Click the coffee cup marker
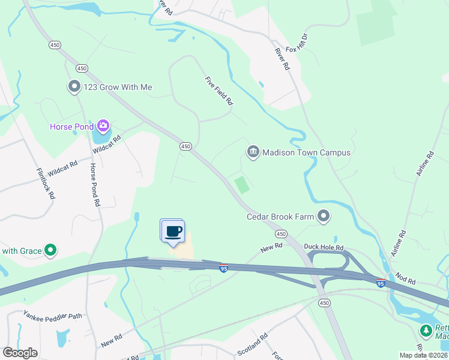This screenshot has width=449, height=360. [173, 232]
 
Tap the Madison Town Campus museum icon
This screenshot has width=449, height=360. [253, 152]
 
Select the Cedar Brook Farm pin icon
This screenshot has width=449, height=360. [324, 216]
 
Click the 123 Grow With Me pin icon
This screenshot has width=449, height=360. [74, 87]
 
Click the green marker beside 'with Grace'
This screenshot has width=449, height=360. [51, 250]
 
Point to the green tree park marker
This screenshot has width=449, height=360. [426, 331]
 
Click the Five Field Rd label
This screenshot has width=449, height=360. [218, 91]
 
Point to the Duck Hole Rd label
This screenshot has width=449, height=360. [324, 247]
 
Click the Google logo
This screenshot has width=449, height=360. [20, 353]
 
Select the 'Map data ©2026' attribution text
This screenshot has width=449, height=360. [423, 355]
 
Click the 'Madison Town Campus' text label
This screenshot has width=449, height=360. [306, 152]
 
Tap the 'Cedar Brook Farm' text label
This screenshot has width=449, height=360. [280, 217]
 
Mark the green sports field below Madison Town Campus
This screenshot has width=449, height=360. [242, 185]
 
